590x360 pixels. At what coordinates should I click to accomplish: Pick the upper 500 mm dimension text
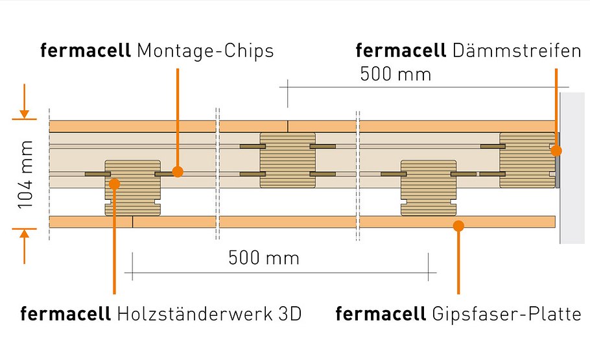coord(395,74)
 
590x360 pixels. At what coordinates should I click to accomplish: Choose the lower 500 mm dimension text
coord(263,258)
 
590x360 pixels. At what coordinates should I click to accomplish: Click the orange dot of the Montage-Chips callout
coord(178,172)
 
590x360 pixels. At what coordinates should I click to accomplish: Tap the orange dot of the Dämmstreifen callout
coord(556,150)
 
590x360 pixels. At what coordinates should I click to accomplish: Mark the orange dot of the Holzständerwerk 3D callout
coord(114,184)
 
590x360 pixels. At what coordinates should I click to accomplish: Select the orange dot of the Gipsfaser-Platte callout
coord(458,226)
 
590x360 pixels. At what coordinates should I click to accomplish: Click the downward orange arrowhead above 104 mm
coord(24,114)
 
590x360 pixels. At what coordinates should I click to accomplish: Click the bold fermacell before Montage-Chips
coord(86,51)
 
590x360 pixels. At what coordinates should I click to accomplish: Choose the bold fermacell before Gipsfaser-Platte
coord(381,315)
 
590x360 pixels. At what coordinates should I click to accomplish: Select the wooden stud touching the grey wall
coord(526,159)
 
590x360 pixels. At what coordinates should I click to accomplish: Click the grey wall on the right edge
coord(574,169)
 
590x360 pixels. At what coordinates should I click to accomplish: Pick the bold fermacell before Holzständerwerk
coord(66,315)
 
